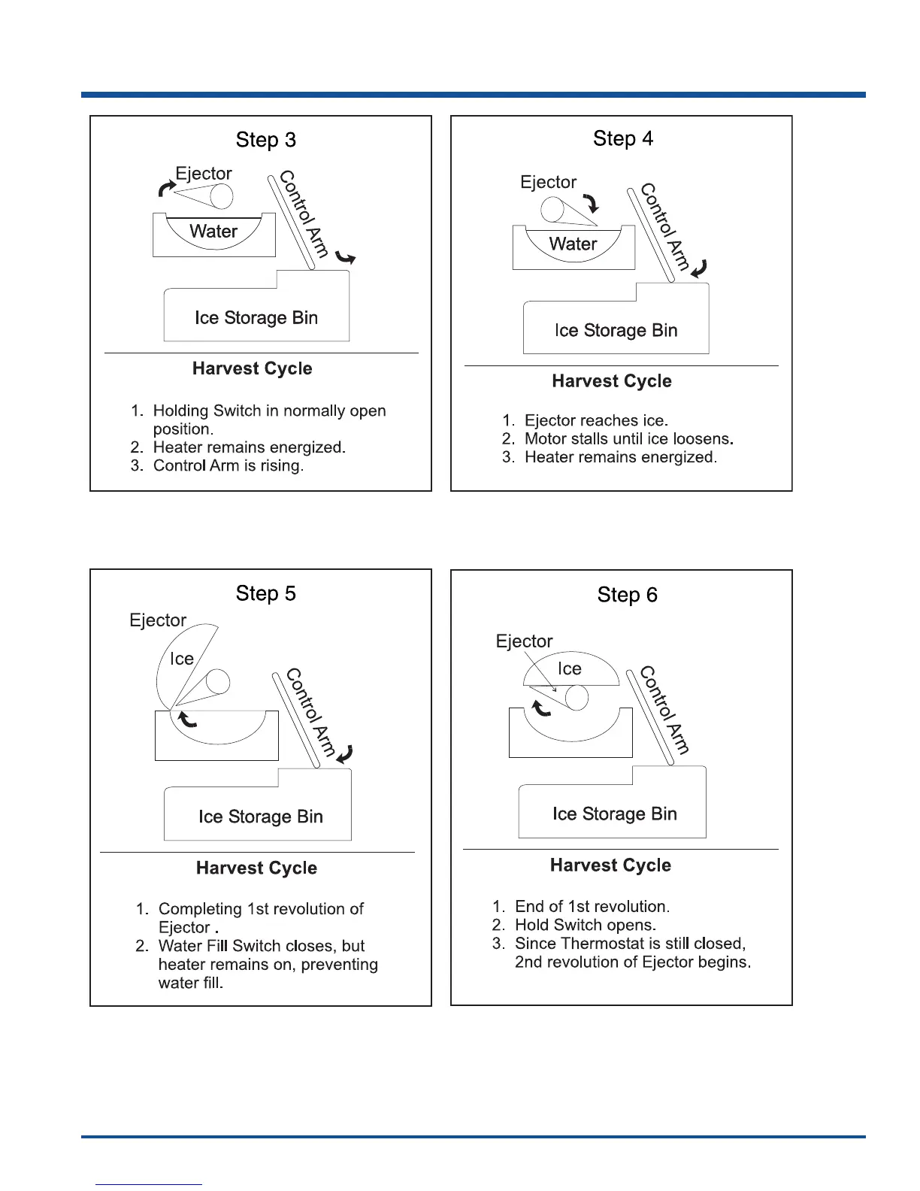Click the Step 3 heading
click(x=266, y=141)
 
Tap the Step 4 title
click(x=623, y=139)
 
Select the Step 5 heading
click(x=266, y=594)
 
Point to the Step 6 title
click(x=627, y=595)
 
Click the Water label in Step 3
click(x=213, y=232)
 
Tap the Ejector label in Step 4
click(x=548, y=183)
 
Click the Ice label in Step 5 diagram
click(x=182, y=659)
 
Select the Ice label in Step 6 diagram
click(x=569, y=669)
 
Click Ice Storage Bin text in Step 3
click(x=256, y=318)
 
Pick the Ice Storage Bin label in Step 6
click(x=614, y=814)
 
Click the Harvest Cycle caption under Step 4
click(x=612, y=381)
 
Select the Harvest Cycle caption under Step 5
click(x=256, y=868)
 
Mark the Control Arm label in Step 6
click(x=664, y=710)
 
